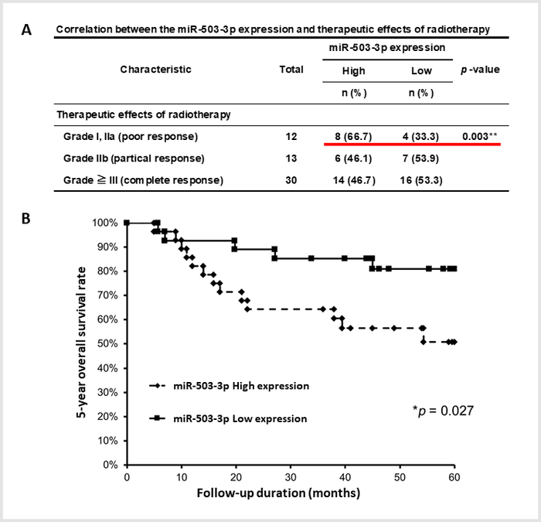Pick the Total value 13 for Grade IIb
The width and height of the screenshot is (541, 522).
[291, 159]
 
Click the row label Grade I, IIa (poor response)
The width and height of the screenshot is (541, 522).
[131, 136]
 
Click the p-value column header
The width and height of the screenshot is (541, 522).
[479, 70]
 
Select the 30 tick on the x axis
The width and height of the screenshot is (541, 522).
[290, 478]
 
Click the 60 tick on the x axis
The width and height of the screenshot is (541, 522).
[454, 478]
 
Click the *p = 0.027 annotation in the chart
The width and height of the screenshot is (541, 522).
[441, 408]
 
